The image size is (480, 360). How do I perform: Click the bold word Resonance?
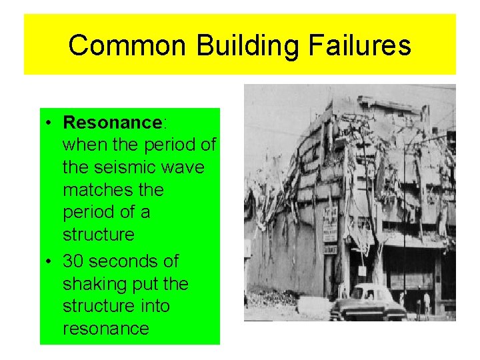coord(112,123)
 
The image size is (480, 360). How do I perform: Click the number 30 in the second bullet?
coord(75,261)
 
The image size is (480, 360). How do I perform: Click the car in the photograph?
coord(368,303)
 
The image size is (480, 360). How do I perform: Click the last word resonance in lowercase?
coord(105,329)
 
